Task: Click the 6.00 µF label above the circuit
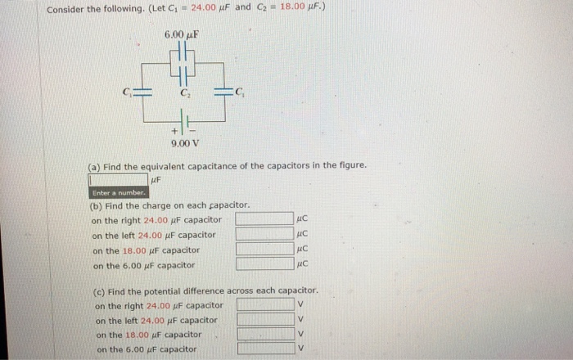[x=182, y=35]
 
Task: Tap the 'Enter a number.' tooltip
[x=119, y=193]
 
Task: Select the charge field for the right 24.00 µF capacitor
[x=264, y=219]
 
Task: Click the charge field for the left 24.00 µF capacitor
[x=264, y=234]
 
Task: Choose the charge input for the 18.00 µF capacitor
[x=264, y=249]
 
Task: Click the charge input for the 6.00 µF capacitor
[x=264, y=263]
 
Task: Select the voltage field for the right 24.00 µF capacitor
[x=265, y=305]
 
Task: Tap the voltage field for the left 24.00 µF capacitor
[x=265, y=320]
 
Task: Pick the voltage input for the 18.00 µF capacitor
[x=265, y=335]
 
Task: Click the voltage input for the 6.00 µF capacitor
[x=265, y=349]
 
